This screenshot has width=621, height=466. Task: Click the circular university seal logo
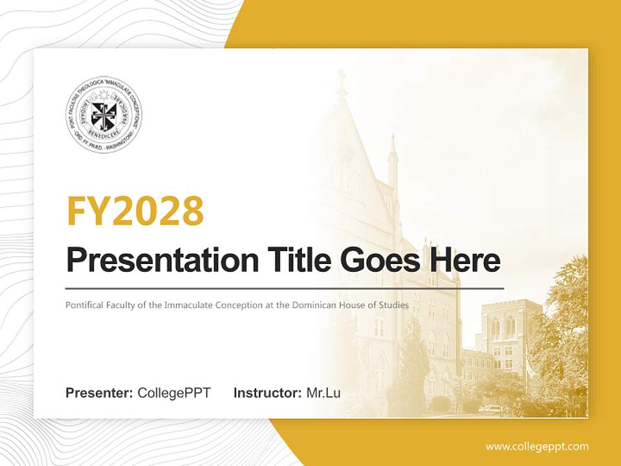pyautogui.click(x=103, y=115)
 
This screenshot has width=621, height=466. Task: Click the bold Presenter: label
pyautogui.click(x=100, y=393)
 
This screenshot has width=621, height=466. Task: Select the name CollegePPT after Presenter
pyautogui.click(x=174, y=393)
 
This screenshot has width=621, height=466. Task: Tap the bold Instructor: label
pyautogui.click(x=267, y=393)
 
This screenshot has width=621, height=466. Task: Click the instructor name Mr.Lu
pyautogui.click(x=323, y=393)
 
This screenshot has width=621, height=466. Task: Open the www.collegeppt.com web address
pyautogui.click(x=537, y=447)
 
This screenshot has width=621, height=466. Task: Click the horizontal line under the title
pyautogui.click(x=285, y=288)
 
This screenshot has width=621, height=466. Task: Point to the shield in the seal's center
pyautogui.click(x=103, y=115)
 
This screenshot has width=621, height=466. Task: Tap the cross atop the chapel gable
pyautogui.click(x=341, y=76)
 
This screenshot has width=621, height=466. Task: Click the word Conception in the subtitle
pyautogui.click(x=245, y=305)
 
